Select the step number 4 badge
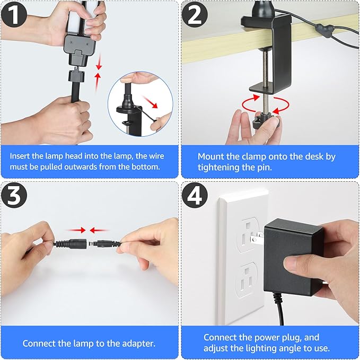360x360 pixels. [x=197, y=197]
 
